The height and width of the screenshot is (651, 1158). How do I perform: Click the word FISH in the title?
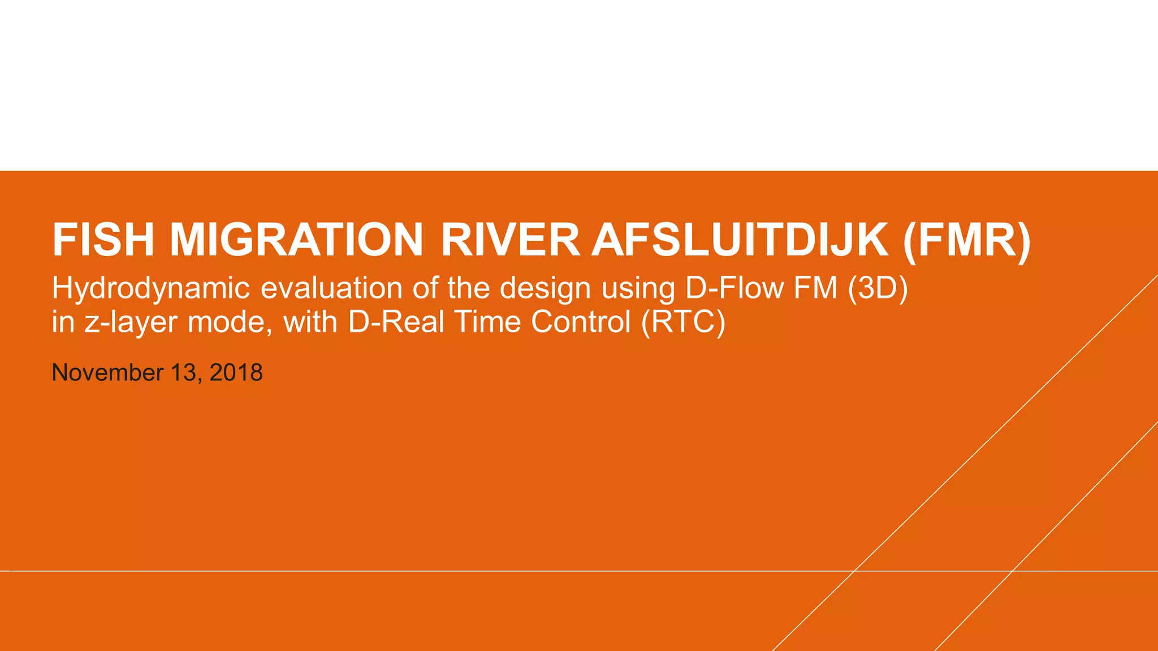103,240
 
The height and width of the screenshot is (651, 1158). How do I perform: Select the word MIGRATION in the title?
296,240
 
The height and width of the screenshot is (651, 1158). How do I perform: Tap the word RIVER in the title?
509,240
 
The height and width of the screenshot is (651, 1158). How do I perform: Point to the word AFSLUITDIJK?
740,240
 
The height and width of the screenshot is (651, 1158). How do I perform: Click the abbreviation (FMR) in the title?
967,240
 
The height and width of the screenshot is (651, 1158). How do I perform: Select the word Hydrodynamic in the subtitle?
151,289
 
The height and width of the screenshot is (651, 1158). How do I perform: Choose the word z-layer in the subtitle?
131,323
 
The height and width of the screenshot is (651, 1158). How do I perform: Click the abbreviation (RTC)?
683,322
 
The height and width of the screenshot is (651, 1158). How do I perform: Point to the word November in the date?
107,373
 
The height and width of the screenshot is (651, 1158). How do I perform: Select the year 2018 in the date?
236,373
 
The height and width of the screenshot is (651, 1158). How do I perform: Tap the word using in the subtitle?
638,289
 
